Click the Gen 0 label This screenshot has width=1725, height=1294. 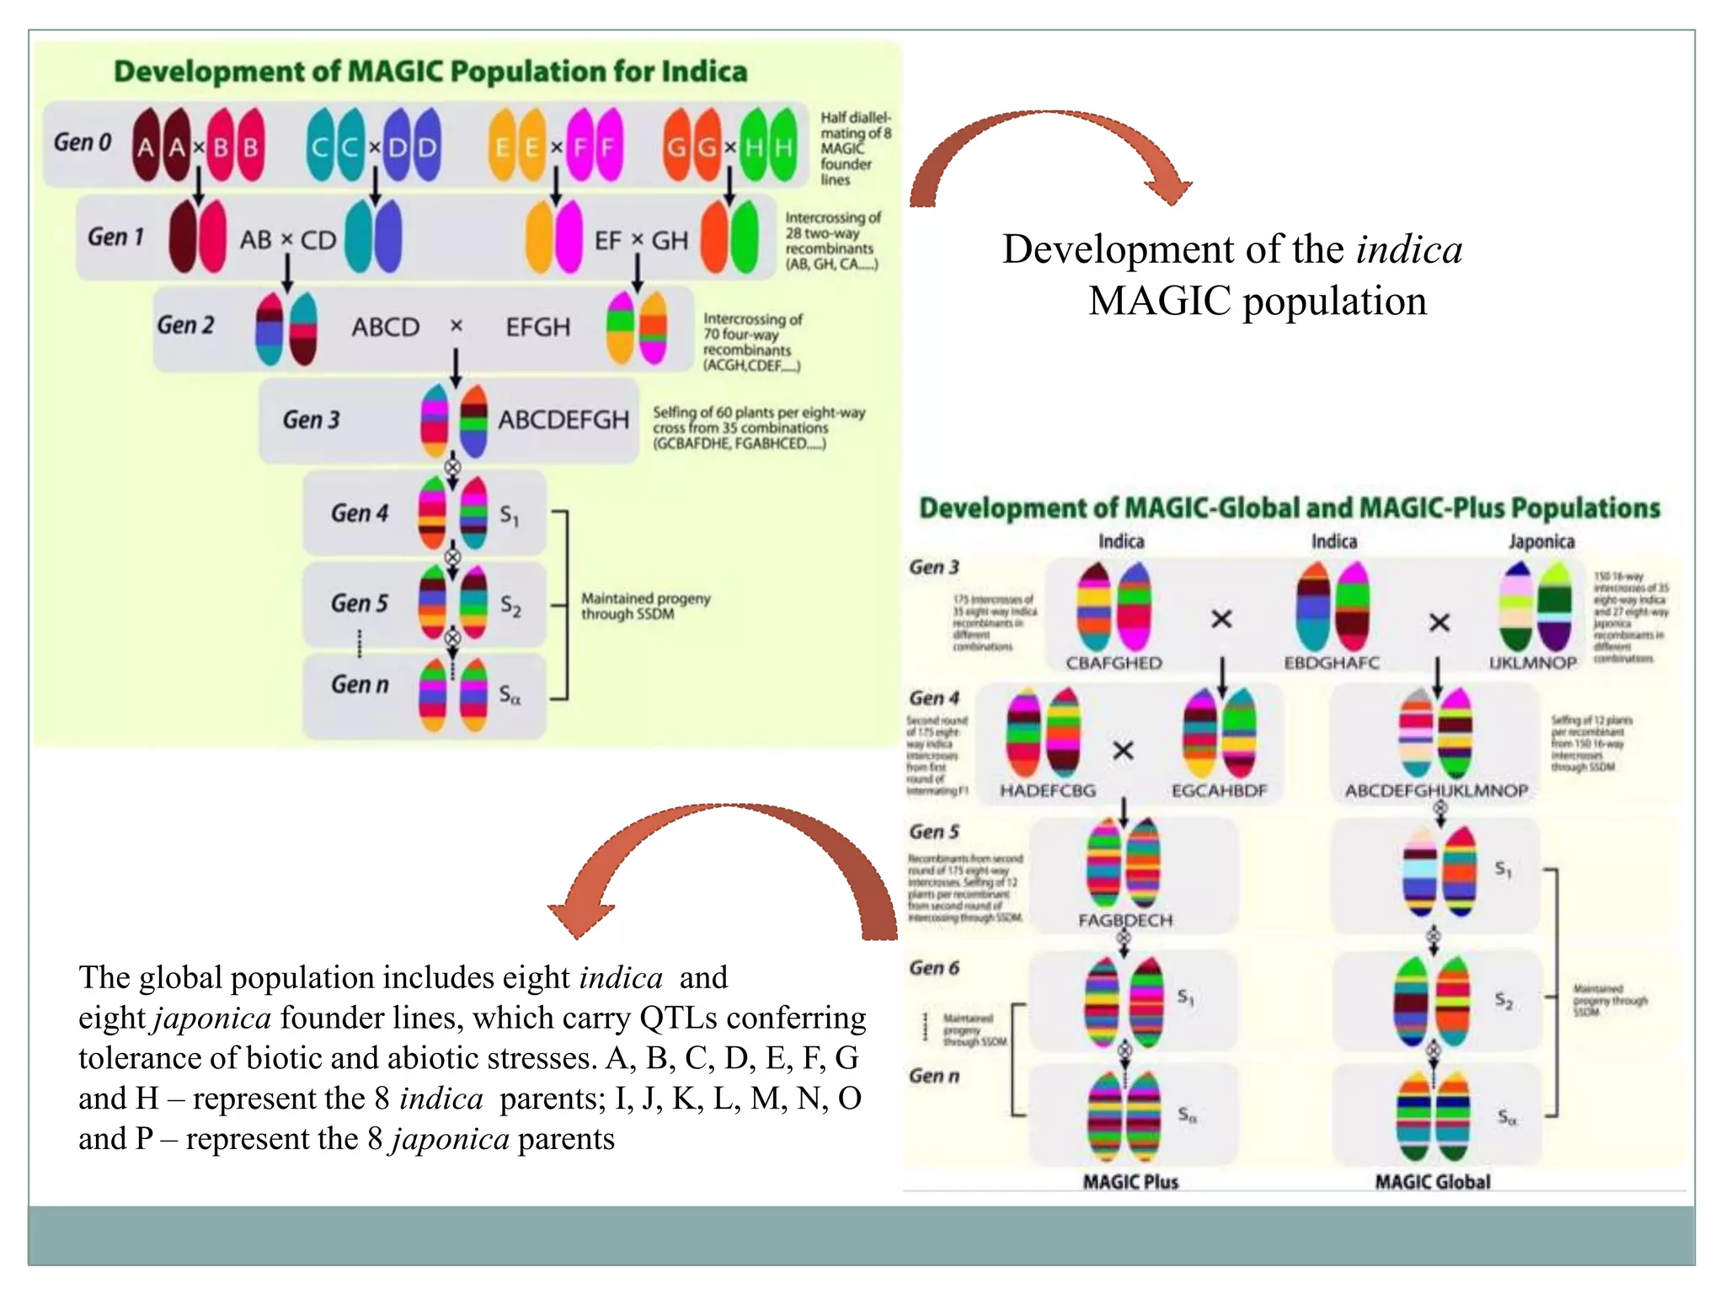83,142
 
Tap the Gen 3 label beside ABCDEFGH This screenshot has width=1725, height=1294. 311,420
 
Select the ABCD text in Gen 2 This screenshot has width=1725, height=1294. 385,327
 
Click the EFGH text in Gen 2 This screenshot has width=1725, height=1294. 537,327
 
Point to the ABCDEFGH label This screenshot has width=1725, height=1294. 563,420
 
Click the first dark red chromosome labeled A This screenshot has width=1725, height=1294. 146,145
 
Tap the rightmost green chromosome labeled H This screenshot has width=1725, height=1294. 783,145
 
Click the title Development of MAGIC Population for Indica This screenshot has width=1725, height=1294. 430,72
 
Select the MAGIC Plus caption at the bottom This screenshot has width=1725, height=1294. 1130,1181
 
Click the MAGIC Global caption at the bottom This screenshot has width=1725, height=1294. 1432,1181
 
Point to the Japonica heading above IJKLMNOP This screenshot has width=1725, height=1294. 1541,541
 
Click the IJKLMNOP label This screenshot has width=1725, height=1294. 1532,663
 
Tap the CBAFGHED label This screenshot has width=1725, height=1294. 1114,663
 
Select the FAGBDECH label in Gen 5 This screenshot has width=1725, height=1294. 1124,920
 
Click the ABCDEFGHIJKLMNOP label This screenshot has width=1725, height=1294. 1436,790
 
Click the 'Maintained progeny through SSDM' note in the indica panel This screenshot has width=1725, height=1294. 645,606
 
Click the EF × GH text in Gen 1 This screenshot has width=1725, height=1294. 641,241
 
